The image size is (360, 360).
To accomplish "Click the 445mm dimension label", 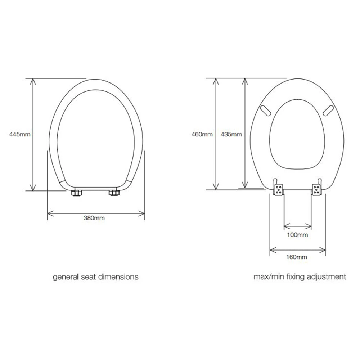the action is tap(20, 134).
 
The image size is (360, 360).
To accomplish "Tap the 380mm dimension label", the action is tap(94, 218).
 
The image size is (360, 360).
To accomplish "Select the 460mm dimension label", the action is tap(202, 134).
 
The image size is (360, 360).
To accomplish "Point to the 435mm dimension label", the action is tap(231, 134).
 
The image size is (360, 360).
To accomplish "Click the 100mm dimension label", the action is tap(297, 235).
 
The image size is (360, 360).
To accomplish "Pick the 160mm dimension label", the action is tap(297, 257).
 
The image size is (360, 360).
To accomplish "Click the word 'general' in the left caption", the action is tap(66, 277).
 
